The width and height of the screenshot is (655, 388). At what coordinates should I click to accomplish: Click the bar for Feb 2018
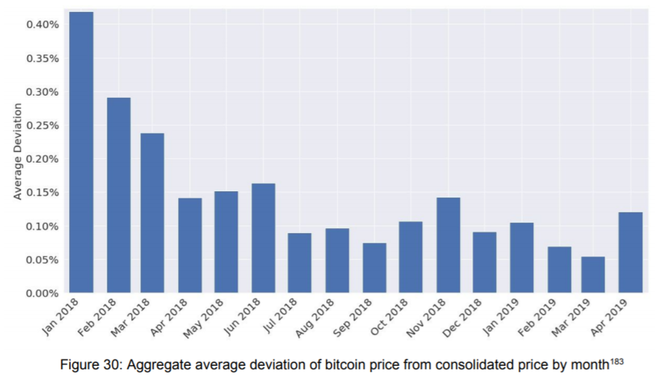[118, 195]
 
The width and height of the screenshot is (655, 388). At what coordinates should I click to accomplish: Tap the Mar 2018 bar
[152, 212]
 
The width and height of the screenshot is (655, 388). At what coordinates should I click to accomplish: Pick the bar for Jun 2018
[263, 238]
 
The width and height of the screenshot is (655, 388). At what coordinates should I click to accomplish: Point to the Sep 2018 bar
[374, 268]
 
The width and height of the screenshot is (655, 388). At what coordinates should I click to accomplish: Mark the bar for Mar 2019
[593, 275]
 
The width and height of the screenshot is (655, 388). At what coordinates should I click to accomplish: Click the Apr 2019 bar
[630, 252]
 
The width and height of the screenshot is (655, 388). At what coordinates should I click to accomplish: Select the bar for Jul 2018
[300, 263]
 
